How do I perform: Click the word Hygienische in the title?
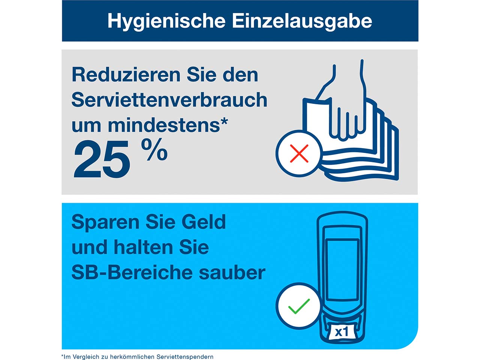166,21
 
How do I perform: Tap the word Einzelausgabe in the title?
302,21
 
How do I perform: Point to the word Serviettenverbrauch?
169,100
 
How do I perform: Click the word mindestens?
163,125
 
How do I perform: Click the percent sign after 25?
154,150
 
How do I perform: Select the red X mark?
299,153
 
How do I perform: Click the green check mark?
299,306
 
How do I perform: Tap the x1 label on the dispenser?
341,332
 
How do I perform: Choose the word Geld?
204,222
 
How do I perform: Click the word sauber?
232,273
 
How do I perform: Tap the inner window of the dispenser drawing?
342,269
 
